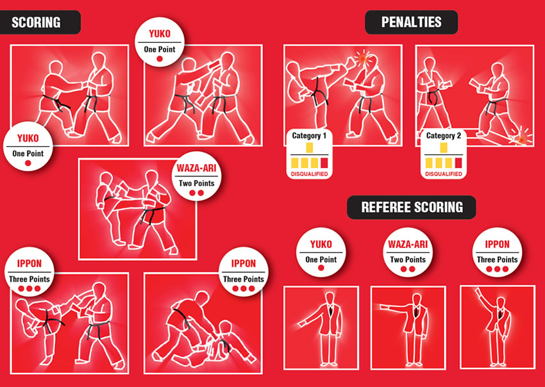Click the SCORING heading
click(36, 22)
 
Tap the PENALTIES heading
click(412, 22)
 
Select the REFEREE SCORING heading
click(412, 208)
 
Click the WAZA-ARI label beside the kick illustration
click(196, 169)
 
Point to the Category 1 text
click(309, 135)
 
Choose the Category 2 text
click(444, 135)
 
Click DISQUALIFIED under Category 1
click(309, 174)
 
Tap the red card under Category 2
click(458, 163)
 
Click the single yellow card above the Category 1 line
click(309, 147)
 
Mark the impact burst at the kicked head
click(362, 58)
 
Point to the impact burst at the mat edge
click(521, 138)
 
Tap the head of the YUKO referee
click(330, 298)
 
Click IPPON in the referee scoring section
click(497, 244)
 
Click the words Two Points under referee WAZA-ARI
click(408, 259)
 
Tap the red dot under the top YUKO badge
click(160, 59)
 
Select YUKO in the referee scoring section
click(321, 244)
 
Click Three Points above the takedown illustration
click(243, 279)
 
